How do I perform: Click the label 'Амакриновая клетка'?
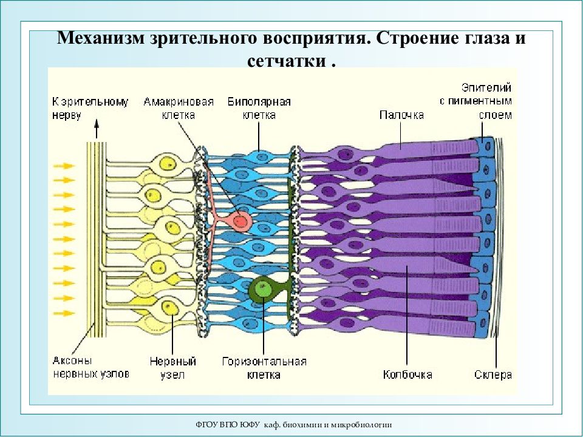(179, 108)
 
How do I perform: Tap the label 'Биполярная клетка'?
(259, 108)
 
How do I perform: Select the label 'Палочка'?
(401, 115)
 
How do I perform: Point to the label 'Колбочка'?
(407, 374)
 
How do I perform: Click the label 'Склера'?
(493, 374)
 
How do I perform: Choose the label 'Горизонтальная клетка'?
(264, 368)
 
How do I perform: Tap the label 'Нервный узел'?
(173, 368)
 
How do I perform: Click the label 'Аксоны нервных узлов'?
(91, 367)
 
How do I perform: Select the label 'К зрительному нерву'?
(90, 108)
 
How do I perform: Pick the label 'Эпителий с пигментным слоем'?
(476, 101)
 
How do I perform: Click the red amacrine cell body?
(240, 221)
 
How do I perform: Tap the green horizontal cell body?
(263, 288)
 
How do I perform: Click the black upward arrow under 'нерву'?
(97, 129)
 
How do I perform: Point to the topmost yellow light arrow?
(64, 166)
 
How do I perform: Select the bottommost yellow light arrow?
(64, 313)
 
